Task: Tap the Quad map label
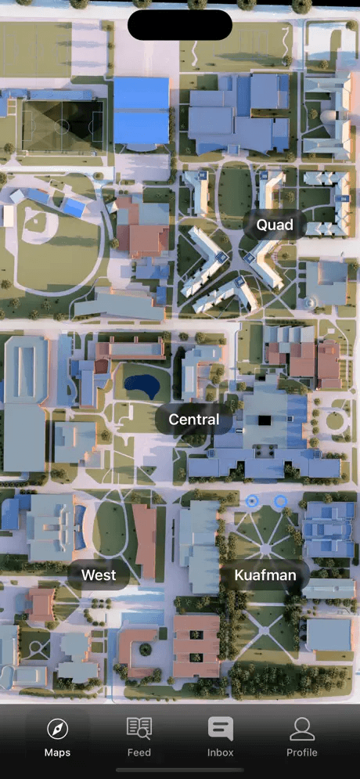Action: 275,225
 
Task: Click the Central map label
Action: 194,420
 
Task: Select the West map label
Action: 99,575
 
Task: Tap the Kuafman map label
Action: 266,576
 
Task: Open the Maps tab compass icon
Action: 57,730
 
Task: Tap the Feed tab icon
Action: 139,728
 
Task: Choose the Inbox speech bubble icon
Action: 221,728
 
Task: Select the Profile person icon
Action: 302,729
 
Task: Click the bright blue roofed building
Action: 142,110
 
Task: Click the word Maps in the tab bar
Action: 57,753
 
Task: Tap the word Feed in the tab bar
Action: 139,753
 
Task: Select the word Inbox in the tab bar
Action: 221,753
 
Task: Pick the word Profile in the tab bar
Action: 302,753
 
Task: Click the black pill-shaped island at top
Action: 180,25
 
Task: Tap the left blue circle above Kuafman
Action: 252,500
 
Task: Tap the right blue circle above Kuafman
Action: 280,500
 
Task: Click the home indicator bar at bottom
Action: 180,770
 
